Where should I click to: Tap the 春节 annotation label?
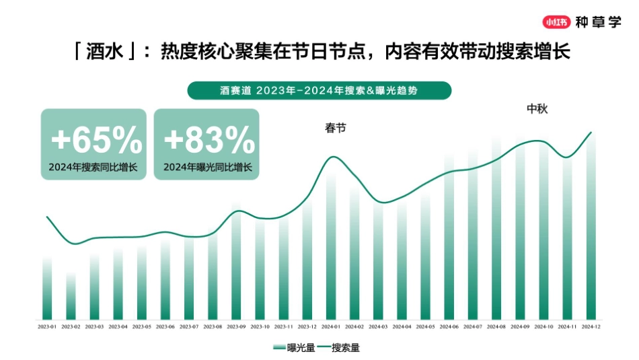[336, 129]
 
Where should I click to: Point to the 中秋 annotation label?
[537, 109]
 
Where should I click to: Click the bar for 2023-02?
[71, 296]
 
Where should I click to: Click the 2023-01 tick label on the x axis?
[47, 326]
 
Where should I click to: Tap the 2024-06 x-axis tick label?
[449, 326]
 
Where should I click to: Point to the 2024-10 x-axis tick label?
[544, 326]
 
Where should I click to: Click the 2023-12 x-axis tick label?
[307, 326]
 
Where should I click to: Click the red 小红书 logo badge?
[557, 21]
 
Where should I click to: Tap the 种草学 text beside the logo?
[599, 21]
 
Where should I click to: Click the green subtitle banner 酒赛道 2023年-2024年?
[319, 90]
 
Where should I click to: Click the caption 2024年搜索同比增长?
[93, 167]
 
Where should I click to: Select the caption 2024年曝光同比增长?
[208, 167]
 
